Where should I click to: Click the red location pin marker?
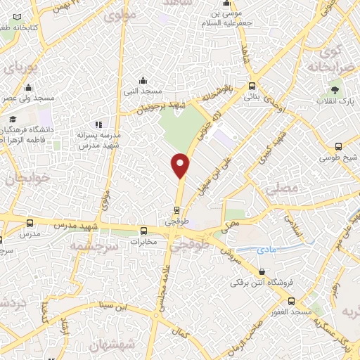181,164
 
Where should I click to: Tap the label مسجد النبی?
150,92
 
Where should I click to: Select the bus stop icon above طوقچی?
176,209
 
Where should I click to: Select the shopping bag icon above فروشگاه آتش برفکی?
262,271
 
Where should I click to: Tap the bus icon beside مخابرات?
143,230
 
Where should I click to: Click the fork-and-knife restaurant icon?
98,124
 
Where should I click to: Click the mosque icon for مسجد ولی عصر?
28,88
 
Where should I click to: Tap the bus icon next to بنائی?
252,86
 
